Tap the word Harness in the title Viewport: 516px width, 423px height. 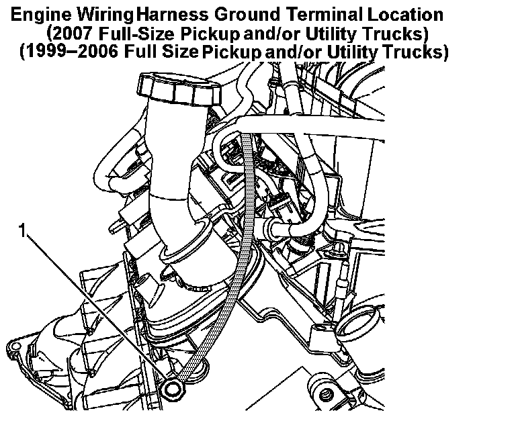[172, 15]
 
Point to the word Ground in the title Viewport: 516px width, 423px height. [247, 15]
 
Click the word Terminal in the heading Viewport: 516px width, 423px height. [324, 15]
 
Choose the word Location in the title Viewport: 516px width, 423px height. [405, 15]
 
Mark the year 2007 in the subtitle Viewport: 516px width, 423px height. [71, 33]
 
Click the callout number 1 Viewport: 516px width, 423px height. [22, 230]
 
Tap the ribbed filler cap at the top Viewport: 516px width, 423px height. [179, 89]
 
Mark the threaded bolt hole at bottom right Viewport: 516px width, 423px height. [325, 391]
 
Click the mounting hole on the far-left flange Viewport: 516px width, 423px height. [15, 345]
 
